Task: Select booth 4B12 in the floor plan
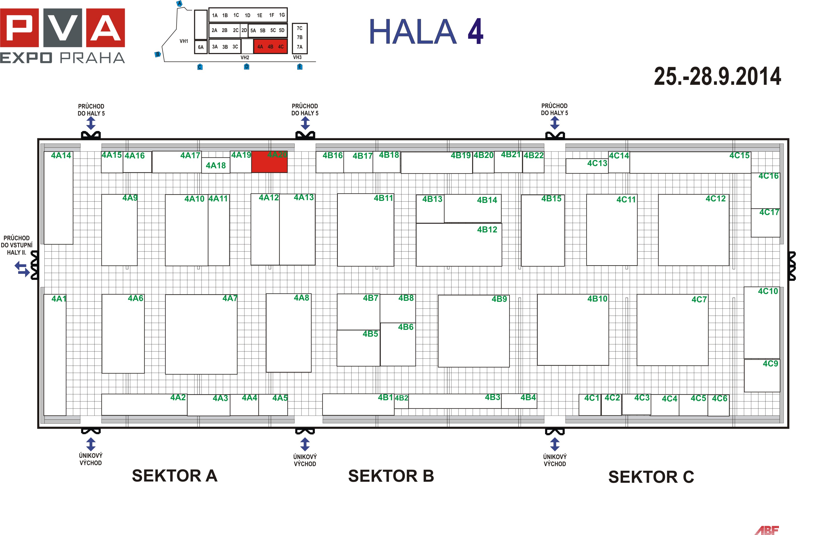point(459,245)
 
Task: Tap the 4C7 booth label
point(699,300)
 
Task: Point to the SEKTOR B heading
point(391,476)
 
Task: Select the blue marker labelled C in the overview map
point(200,67)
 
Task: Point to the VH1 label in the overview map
point(184,41)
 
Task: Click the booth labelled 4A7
point(201,334)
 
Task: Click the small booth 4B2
point(401,401)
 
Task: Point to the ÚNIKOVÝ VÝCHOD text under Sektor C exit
point(554,460)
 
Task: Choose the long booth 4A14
point(59,198)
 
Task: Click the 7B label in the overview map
point(300,38)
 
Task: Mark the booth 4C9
point(762,376)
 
